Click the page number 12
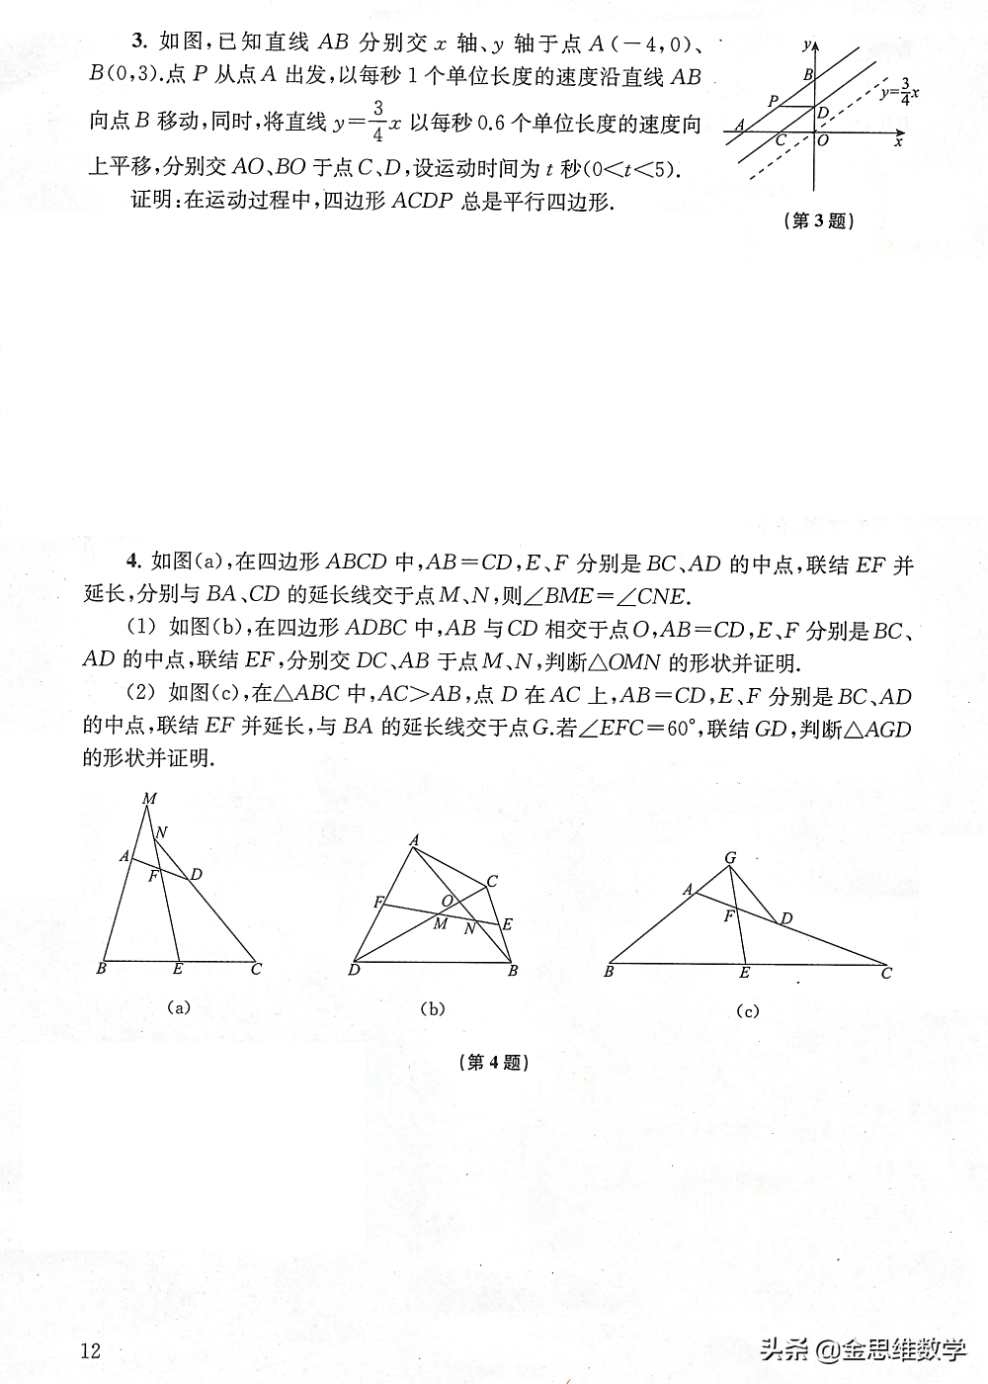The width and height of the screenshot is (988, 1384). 91,1350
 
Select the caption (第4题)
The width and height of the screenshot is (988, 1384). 494,1063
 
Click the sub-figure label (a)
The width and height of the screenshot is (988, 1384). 178,1007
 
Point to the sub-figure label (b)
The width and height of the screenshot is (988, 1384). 432,1008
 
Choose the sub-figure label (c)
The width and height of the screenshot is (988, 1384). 747,1010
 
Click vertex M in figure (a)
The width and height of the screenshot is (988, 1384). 149,799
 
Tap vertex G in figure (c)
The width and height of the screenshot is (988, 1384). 730,858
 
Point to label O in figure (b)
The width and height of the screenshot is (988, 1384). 447,901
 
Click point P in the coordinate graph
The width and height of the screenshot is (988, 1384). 774,101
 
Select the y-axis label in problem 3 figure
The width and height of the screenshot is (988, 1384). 807,44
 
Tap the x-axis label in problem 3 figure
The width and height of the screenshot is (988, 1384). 898,142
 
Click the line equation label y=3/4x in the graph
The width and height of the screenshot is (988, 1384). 899,92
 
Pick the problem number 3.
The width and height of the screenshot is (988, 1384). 138,42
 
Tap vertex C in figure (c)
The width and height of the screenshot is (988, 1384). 886,974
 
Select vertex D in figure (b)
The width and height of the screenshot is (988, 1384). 354,971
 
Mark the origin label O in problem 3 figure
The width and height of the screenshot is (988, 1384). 823,140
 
